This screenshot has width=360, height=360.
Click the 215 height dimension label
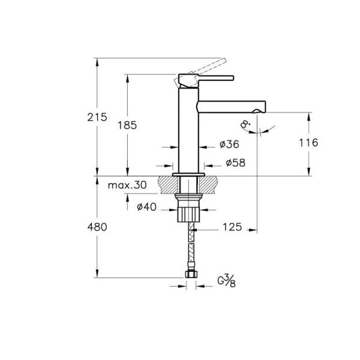tap(97, 117)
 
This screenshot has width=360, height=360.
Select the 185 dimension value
tap(128, 125)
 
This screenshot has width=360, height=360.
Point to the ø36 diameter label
tap(229, 145)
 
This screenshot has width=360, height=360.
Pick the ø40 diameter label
tap(147, 207)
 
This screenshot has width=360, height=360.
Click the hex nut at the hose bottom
tap(190, 275)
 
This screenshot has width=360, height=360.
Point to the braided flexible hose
tap(191, 246)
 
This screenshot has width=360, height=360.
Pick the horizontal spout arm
tap(231, 105)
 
